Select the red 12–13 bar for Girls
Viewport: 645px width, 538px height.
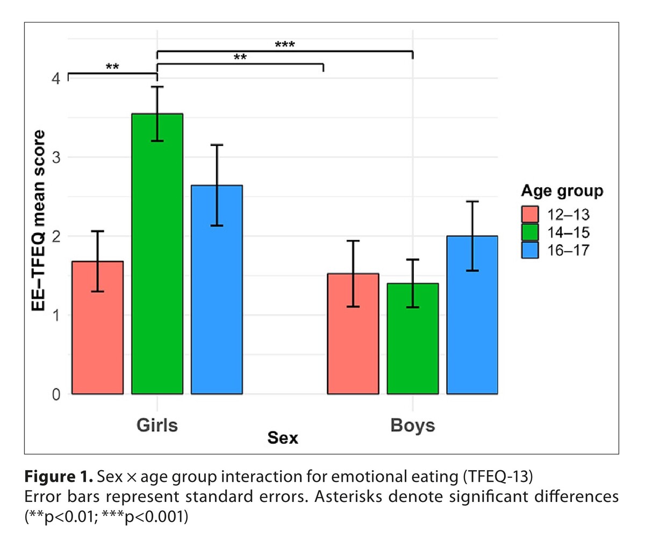tap(97, 328)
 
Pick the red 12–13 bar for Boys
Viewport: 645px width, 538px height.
tap(353, 334)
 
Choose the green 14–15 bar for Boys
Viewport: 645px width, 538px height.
tap(413, 338)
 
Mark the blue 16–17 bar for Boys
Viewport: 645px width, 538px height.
tap(472, 315)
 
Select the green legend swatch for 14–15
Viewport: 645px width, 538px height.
tap(529, 232)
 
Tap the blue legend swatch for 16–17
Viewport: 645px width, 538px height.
tap(529, 250)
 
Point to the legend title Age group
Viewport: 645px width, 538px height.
tap(561, 191)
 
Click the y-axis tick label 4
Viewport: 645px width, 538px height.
tap(56, 79)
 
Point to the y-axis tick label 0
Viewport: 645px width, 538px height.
tap(56, 394)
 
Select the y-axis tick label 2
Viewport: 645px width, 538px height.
tap(56, 236)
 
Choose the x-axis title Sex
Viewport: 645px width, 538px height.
tap(283, 439)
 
